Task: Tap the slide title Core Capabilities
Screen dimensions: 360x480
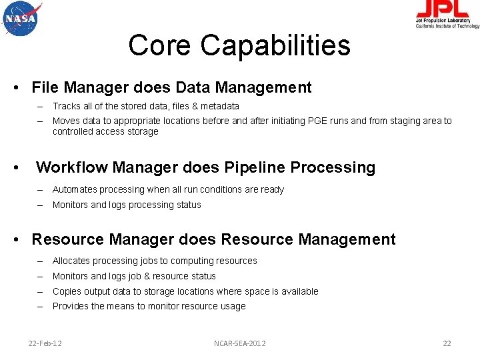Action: [239, 45]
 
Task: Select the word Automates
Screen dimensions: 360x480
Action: [75, 189]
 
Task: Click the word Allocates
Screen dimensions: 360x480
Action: [72, 261]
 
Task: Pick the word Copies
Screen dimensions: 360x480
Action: [67, 291]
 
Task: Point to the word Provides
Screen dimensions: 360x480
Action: [71, 306]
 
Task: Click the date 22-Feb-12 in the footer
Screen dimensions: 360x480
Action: [45, 343]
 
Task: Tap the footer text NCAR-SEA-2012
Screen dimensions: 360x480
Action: [239, 343]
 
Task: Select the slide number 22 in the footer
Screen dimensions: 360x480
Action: [447, 343]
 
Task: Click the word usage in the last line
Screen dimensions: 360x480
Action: [233, 306]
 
